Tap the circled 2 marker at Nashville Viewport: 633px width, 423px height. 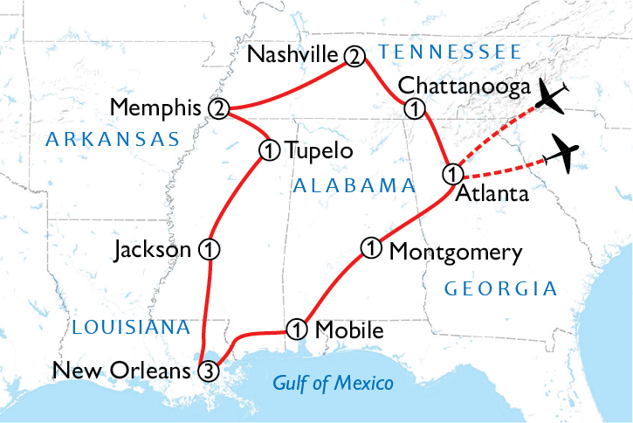tap(354, 56)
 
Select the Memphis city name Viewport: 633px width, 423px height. tap(157, 108)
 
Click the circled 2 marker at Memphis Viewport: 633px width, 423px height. tap(218, 108)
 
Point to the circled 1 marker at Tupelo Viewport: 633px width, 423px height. tap(268, 149)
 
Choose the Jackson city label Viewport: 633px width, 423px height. tap(153, 250)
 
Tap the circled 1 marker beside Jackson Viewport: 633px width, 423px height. tap(209, 249)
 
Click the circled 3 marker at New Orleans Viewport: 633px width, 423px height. tap(207, 371)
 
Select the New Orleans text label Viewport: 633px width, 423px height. tap(121, 371)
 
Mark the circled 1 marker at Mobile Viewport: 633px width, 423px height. tap(297, 329)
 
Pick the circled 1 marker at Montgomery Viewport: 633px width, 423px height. tap(371, 249)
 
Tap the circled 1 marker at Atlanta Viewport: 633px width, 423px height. tap(451, 171)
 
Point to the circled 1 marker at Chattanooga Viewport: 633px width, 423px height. tap(415, 108)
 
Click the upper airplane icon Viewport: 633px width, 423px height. tap(552, 95)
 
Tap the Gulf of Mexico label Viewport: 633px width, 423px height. tap(333, 383)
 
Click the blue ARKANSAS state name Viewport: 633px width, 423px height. tap(113, 138)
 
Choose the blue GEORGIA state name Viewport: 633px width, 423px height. tap(500, 288)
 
